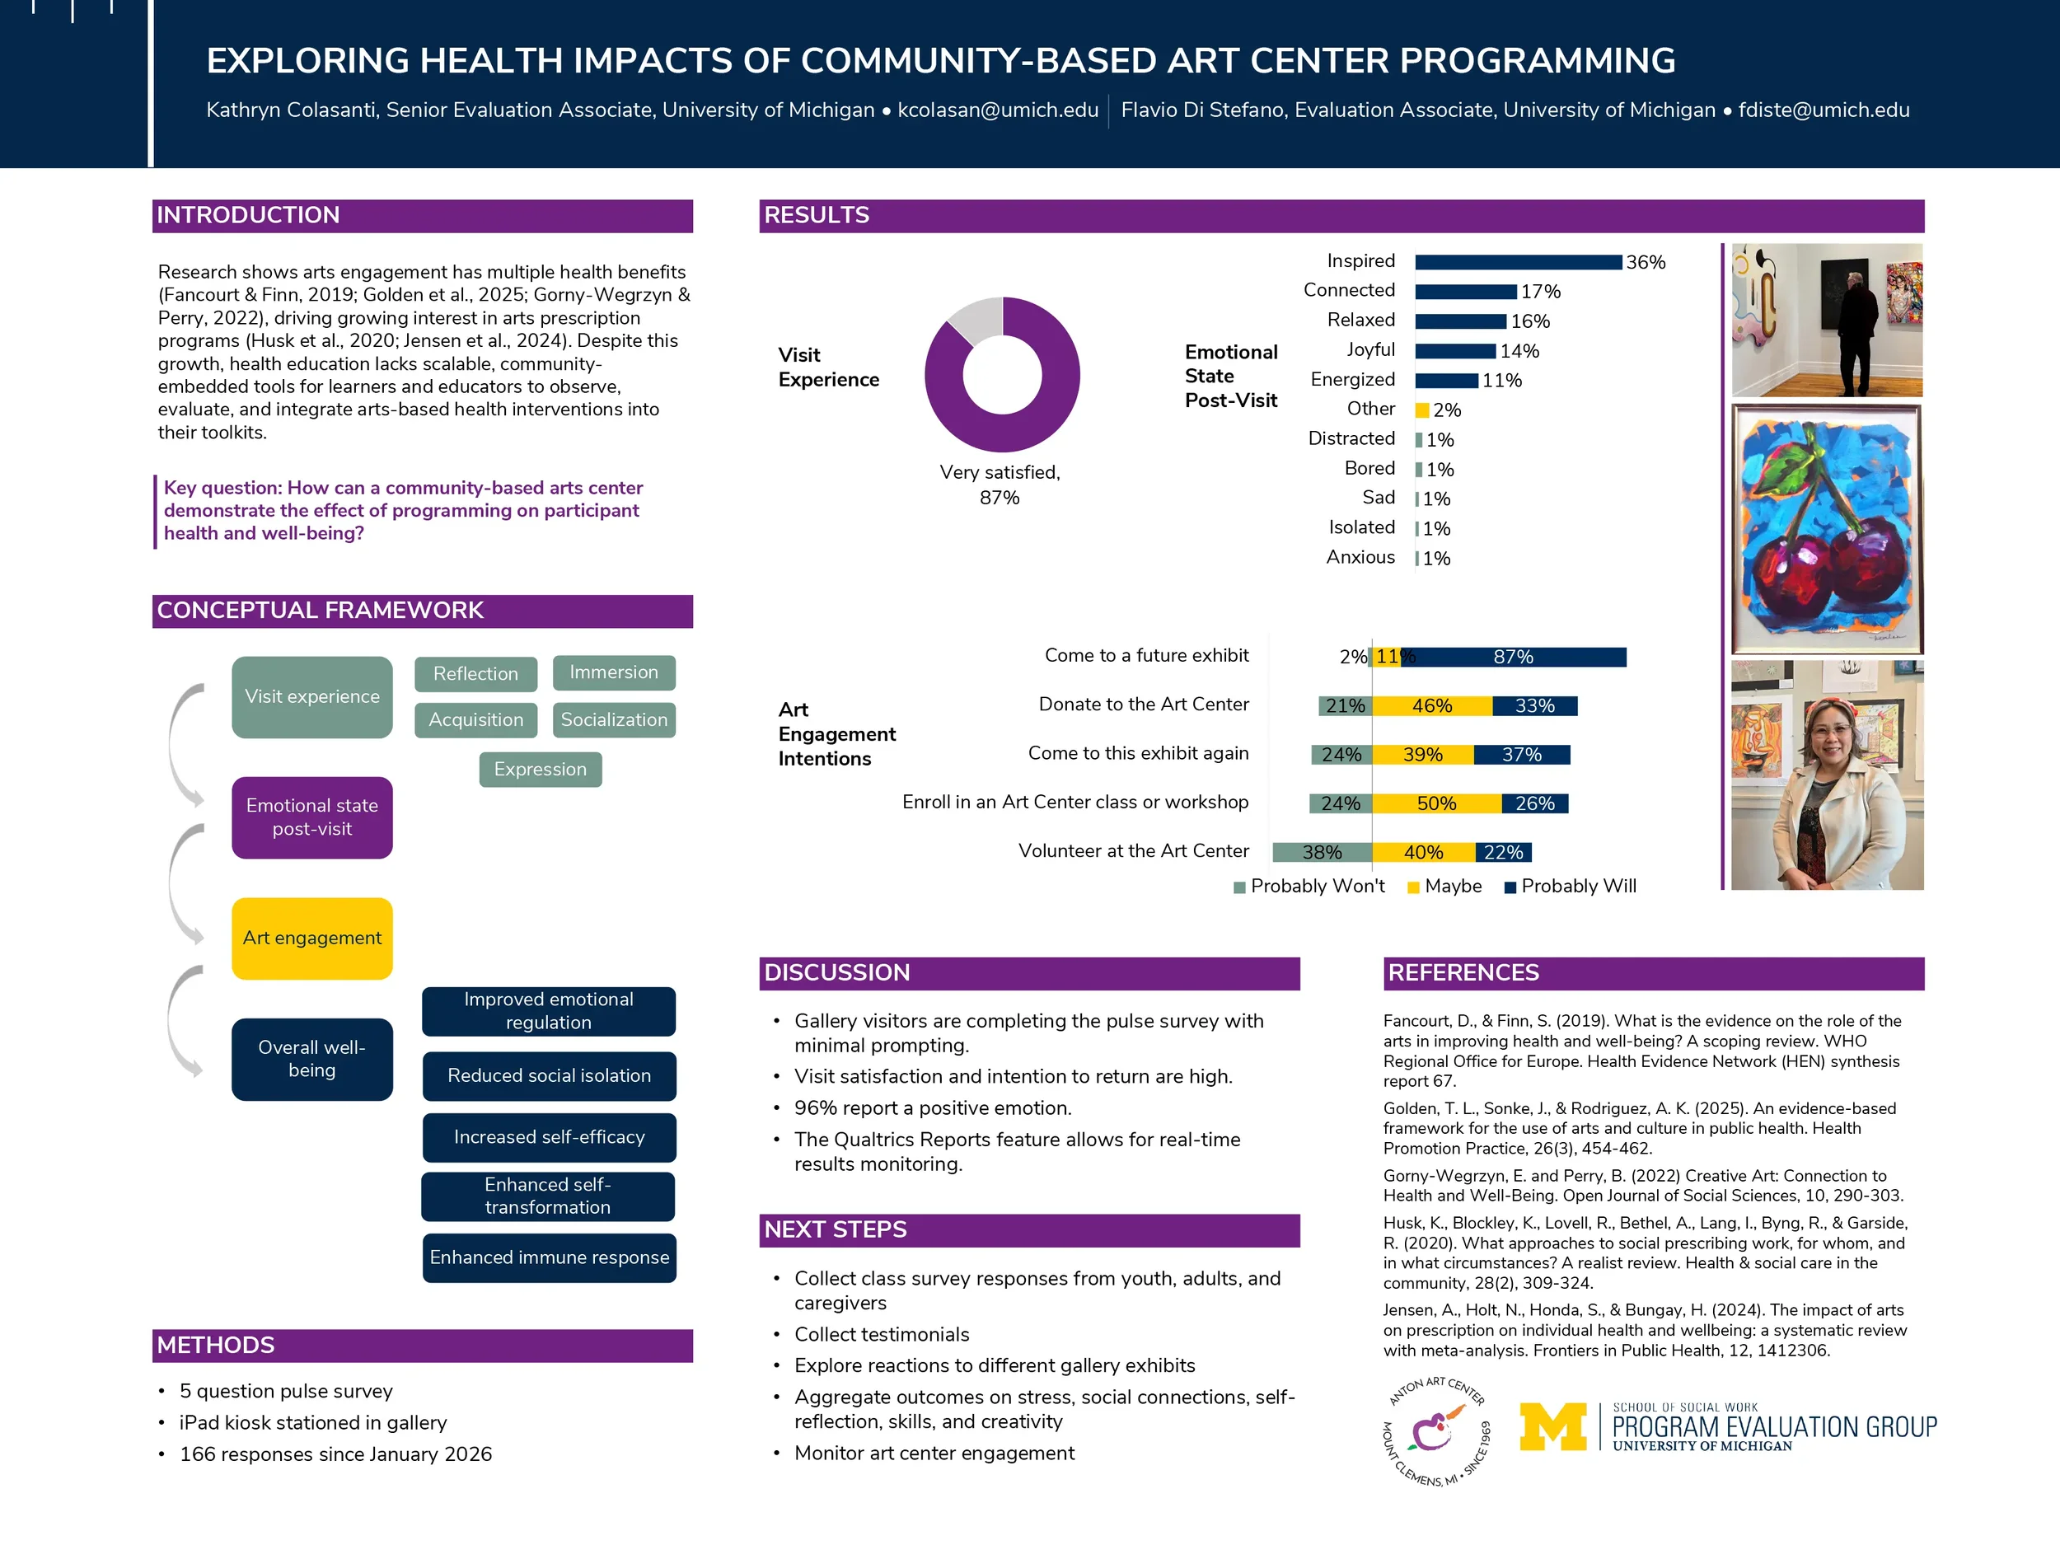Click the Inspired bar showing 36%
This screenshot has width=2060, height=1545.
click(1517, 263)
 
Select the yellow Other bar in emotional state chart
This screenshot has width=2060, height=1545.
click(1421, 410)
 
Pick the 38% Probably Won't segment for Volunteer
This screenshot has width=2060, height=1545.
click(1322, 852)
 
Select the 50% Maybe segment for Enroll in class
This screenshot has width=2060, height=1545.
click(1436, 803)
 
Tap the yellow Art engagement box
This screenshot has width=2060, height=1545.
click(312, 938)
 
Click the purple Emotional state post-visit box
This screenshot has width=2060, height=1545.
click(312, 817)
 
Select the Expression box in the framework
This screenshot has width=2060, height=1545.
click(541, 770)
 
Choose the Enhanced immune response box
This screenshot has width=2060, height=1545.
click(549, 1257)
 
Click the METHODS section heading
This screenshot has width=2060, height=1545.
click(216, 1345)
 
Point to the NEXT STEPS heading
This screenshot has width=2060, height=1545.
click(836, 1229)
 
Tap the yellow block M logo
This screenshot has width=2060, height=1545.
click(1552, 1426)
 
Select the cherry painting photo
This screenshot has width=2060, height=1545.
click(1825, 529)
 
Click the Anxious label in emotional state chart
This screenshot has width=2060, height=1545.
click(1360, 558)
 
